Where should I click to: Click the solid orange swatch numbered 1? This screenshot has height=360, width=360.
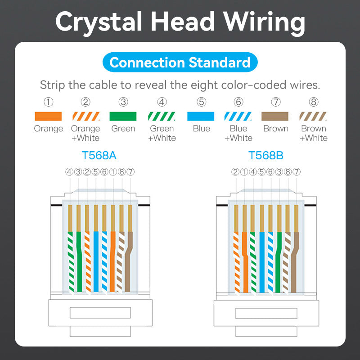tap(48, 116)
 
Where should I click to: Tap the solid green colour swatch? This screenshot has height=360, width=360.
tap(123, 116)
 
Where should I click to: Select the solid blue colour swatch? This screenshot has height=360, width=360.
tap(201, 116)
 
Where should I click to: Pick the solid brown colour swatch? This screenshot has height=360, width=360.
tap(275, 116)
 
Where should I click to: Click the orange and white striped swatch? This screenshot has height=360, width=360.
tap(85, 116)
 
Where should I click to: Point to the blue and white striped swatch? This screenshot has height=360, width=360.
tap(238, 116)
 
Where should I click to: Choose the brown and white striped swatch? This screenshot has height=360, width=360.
tap(313, 116)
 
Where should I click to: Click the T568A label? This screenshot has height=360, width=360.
tap(99, 156)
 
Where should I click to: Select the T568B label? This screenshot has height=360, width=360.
tap(266, 156)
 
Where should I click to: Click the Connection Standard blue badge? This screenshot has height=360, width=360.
tap(180, 62)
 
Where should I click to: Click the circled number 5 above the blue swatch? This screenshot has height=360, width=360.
tap(201, 102)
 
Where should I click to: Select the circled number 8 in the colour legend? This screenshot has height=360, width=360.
tap(313, 102)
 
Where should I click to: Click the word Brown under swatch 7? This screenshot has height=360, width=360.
tap(275, 129)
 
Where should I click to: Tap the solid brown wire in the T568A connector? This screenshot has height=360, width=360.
tap(130, 261)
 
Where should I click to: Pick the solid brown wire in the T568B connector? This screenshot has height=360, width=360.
tap(295, 261)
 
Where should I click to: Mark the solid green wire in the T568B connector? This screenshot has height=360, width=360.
tap(279, 261)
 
